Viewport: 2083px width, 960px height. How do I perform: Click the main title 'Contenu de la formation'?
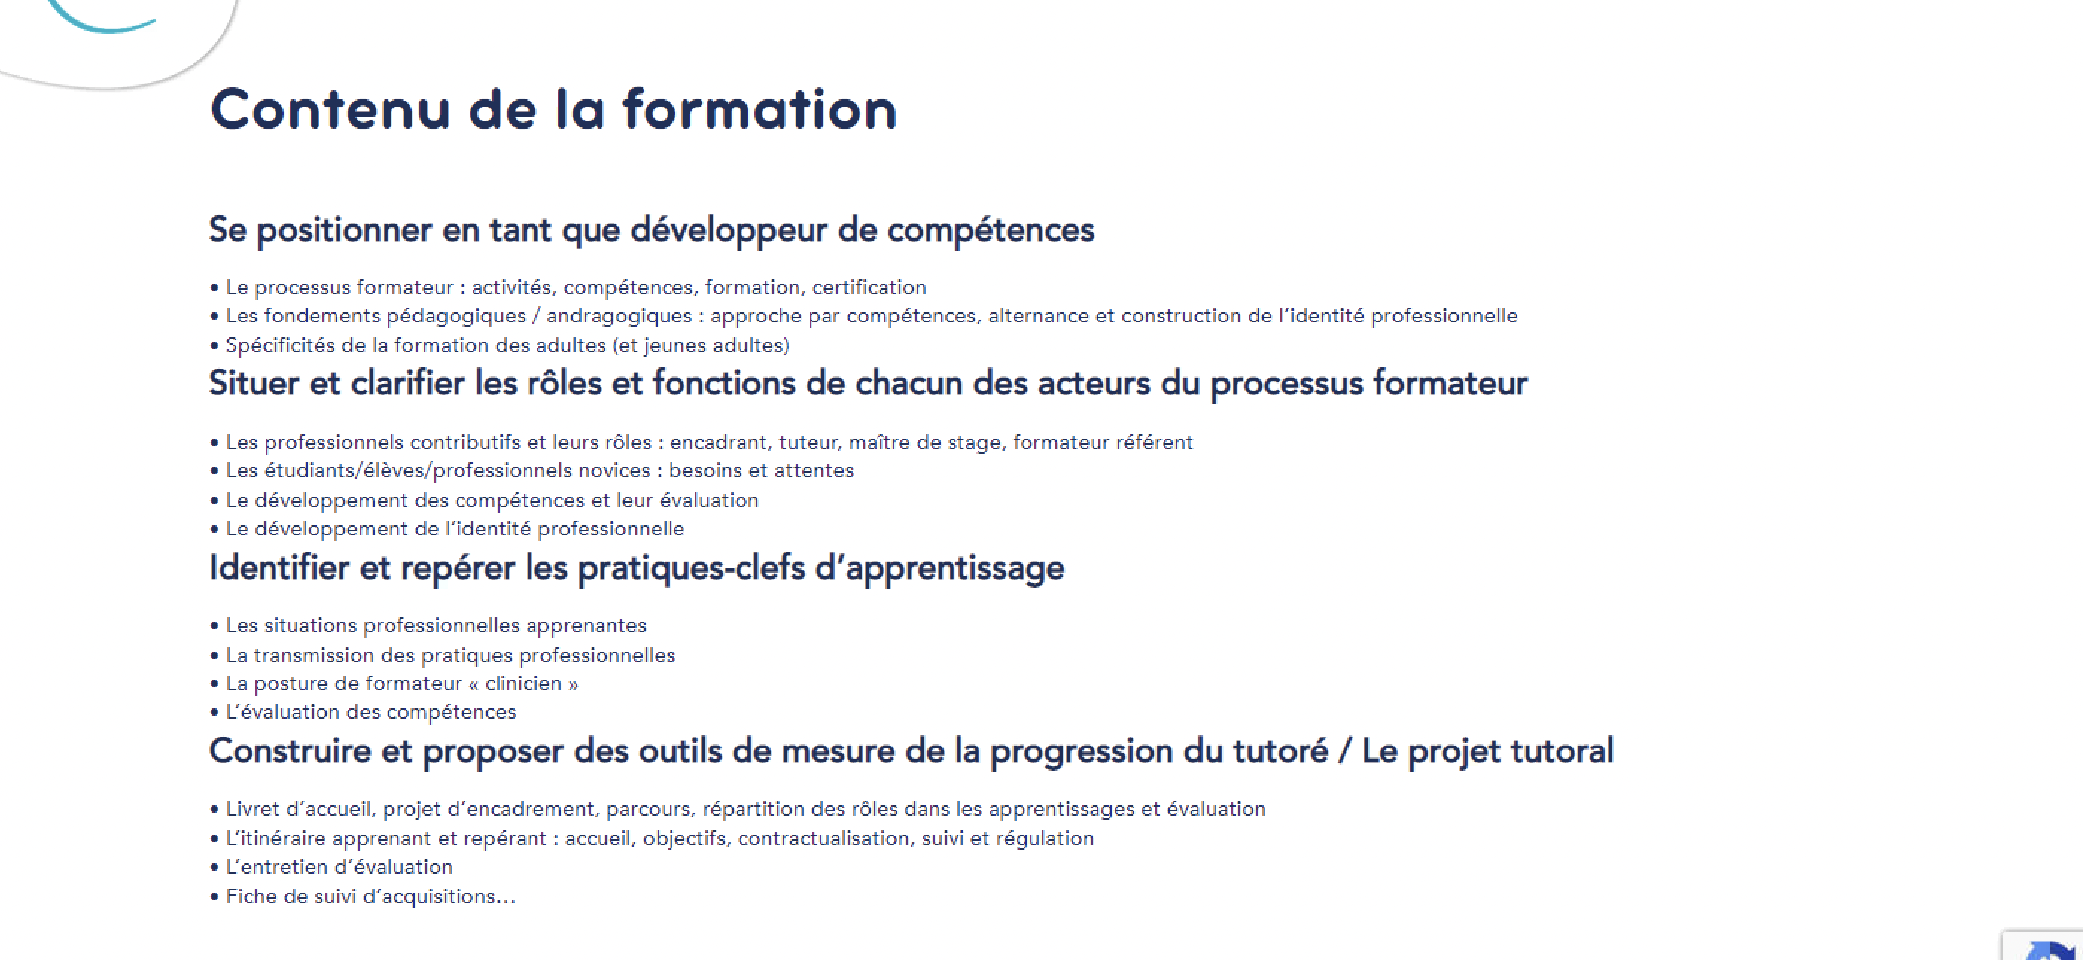click(553, 109)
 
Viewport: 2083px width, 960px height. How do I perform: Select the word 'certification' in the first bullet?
click(869, 287)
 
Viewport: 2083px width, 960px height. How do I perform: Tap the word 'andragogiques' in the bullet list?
click(619, 317)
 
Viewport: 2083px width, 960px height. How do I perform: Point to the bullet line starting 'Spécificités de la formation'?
click(500, 346)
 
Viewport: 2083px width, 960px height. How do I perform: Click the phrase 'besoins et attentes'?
click(761, 471)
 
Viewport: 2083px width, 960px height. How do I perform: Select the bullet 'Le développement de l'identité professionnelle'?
click(447, 529)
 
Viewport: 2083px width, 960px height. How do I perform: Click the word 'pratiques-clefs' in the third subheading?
click(691, 568)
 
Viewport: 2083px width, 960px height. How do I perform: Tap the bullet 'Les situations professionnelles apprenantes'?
click(428, 626)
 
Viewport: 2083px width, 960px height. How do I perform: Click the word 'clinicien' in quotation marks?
click(524, 684)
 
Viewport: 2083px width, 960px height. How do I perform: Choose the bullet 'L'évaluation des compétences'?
click(363, 713)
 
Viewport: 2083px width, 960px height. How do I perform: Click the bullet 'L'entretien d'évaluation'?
click(331, 867)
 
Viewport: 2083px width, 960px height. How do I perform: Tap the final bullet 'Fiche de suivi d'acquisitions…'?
click(362, 897)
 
